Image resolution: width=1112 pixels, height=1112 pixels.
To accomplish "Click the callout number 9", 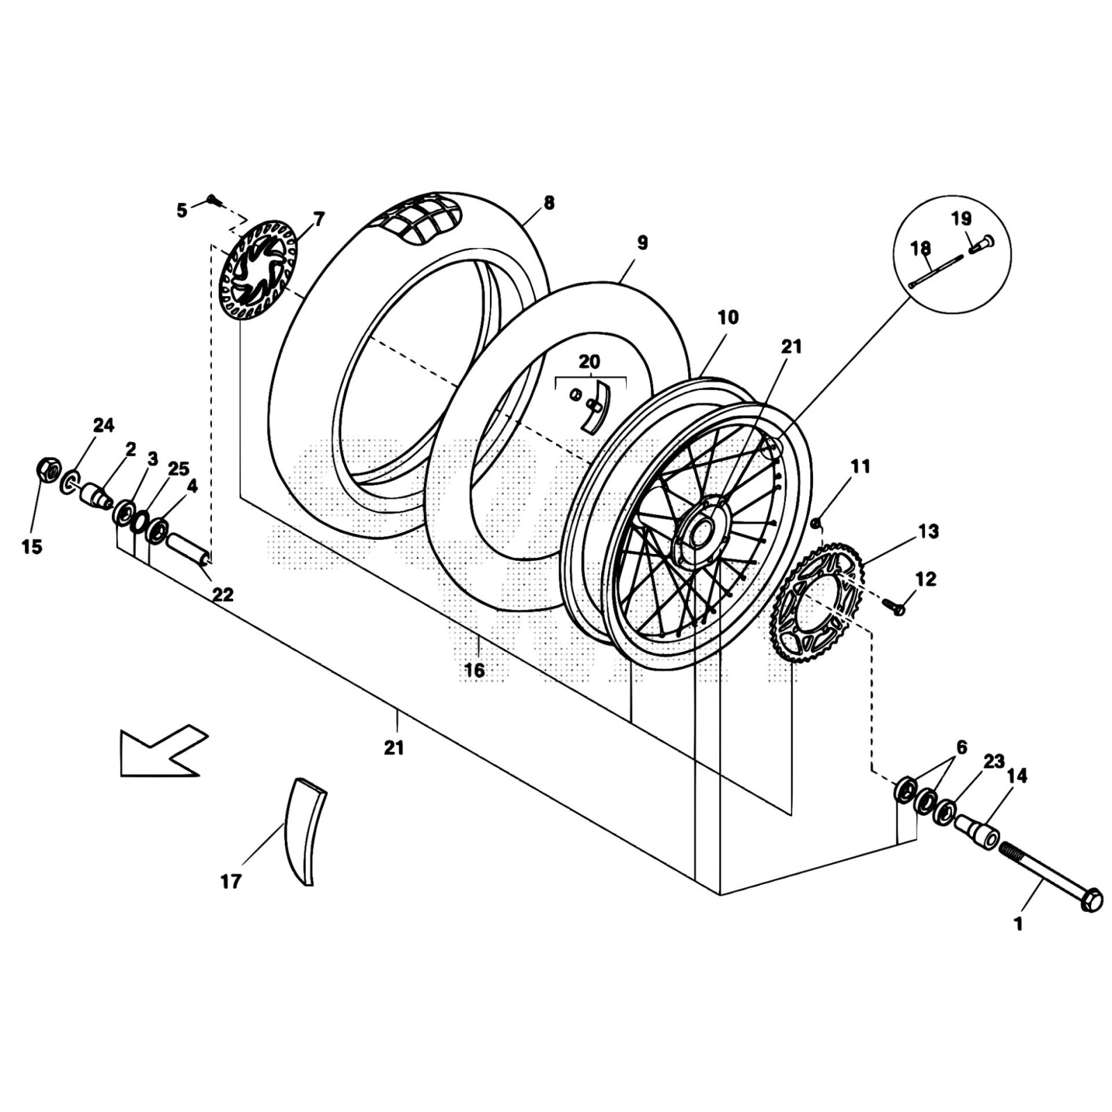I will [x=641, y=243].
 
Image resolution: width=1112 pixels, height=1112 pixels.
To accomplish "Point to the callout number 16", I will [x=475, y=671].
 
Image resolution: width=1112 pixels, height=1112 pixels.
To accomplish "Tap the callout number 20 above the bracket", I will [x=589, y=362].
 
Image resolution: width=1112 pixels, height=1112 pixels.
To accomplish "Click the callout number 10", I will [x=728, y=318].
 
